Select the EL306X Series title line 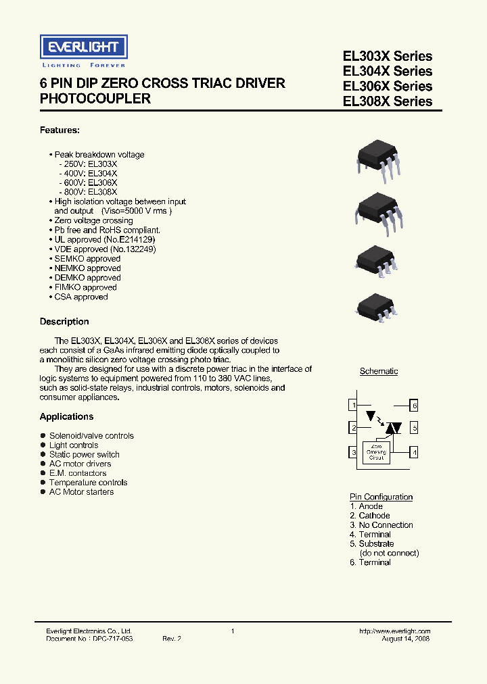[388, 86]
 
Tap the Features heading [60, 130]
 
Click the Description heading [64, 322]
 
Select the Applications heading [66, 417]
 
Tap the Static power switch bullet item [84, 455]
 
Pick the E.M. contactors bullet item [78, 473]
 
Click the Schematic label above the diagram [379, 371]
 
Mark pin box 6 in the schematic [415, 406]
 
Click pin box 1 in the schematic [352, 406]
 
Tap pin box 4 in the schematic [415, 451]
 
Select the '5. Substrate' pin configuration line [372, 543]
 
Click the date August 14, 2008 [405, 639]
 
